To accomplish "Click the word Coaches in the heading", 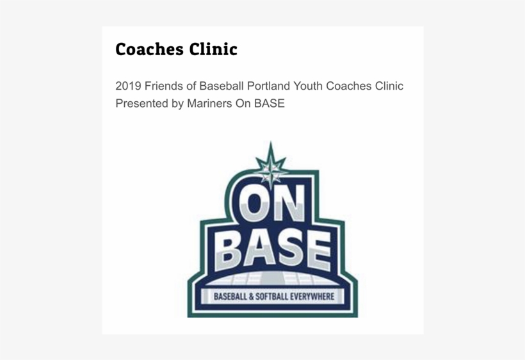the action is (149, 49).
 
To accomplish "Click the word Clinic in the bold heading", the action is (213, 49).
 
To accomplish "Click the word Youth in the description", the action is (308, 86).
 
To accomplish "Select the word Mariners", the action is (209, 104).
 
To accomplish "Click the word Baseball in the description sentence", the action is (222, 86).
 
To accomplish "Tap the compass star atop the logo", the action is (271, 165).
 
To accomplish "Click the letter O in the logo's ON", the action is (254, 203).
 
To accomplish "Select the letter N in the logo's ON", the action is (289, 204).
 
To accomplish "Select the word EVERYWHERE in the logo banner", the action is (312, 297).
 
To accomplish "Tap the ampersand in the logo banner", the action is (251, 297).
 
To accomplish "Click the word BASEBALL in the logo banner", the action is (230, 297).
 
